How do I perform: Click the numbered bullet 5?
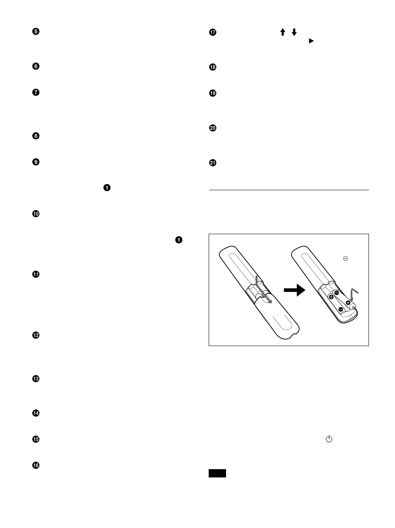click(36, 32)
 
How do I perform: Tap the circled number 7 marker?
click(36, 92)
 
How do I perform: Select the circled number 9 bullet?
click(36, 162)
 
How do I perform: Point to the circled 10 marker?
click(36, 214)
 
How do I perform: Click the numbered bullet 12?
click(36, 335)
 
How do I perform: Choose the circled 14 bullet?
click(36, 413)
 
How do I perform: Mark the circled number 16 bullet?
click(36, 465)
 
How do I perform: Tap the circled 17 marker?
click(213, 32)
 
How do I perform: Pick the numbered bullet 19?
click(213, 93)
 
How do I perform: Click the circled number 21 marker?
click(213, 163)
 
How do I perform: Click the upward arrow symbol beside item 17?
click(283, 32)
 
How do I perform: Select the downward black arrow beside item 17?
click(294, 32)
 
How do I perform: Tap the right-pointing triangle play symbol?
click(311, 41)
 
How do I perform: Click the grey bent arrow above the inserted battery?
click(352, 294)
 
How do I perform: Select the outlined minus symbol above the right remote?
click(345, 258)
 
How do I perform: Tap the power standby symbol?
click(329, 439)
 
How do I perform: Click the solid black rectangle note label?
click(217, 473)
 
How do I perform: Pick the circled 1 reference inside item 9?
click(107, 188)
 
